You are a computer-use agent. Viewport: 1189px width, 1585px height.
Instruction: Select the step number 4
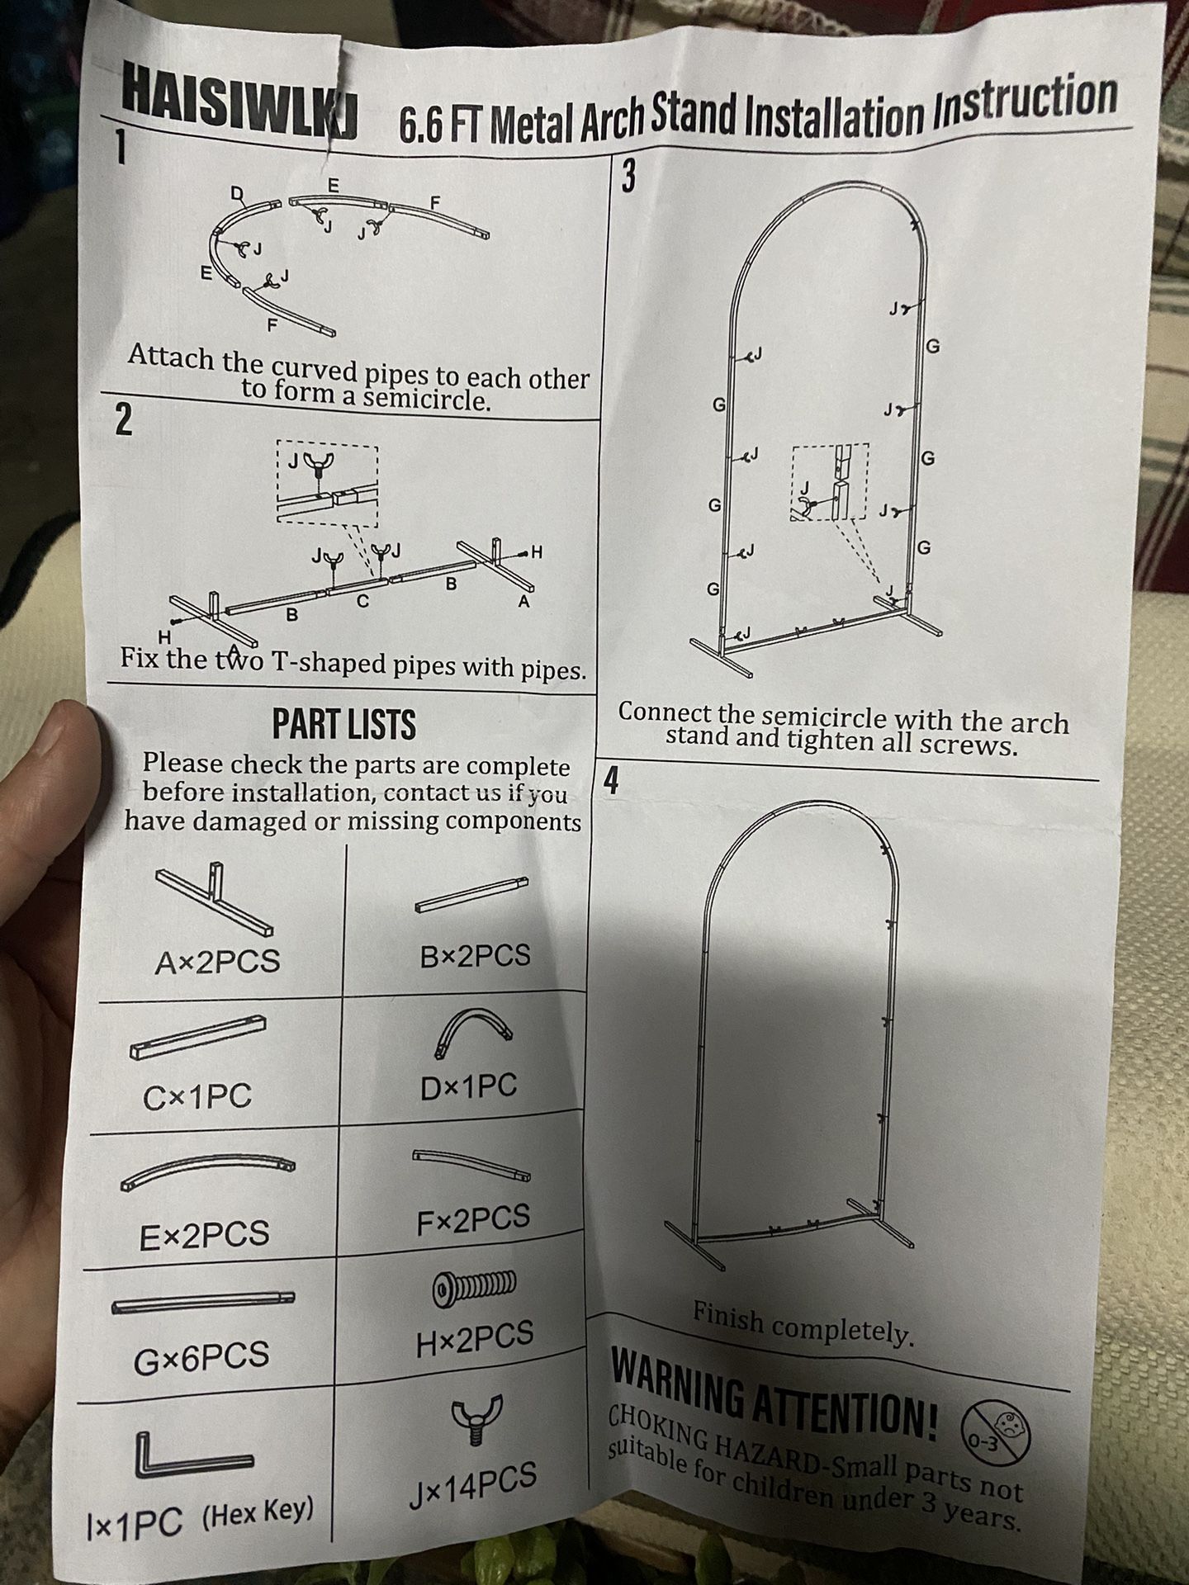611,780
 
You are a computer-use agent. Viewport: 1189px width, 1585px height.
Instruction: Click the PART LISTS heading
344,724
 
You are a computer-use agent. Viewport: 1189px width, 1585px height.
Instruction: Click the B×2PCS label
475,956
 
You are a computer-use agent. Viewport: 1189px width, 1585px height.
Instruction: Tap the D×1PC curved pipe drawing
472,1034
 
